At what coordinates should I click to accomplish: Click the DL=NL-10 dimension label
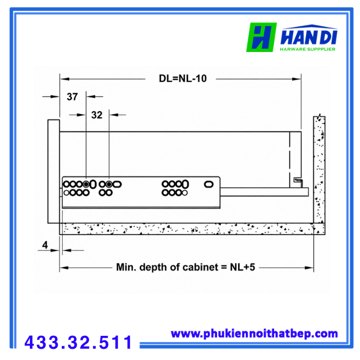click(183, 79)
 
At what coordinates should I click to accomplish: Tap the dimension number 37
click(73, 97)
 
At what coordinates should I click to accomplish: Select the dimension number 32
click(97, 115)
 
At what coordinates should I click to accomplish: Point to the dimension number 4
click(45, 245)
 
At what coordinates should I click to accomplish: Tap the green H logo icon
click(261, 37)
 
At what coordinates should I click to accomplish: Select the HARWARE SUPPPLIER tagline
click(308, 49)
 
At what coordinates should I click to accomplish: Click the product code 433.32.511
click(78, 343)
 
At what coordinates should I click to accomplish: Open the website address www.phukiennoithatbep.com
click(254, 334)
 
